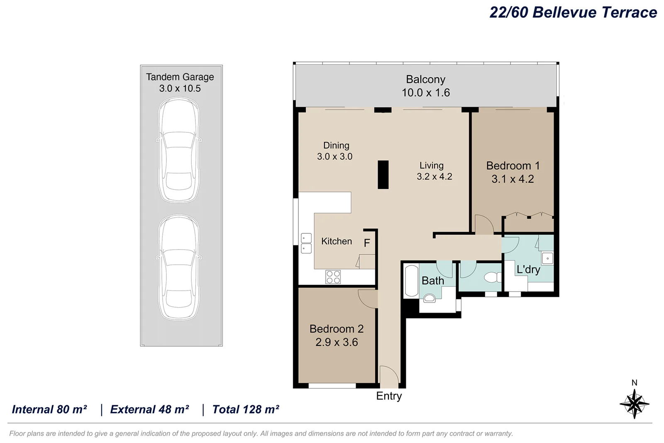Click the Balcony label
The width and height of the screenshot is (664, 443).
425,79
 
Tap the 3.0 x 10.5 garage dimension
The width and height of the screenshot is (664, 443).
180,88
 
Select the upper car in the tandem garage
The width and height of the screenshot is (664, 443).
179,150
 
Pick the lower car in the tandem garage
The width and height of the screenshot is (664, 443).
179,267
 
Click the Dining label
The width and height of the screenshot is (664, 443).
336,145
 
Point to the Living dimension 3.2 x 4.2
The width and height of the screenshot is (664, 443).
434,177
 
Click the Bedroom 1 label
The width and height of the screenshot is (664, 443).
513,166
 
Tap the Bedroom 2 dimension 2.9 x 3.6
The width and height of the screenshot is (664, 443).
337,342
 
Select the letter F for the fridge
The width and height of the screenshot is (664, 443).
367,243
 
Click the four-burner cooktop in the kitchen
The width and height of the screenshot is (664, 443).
333,277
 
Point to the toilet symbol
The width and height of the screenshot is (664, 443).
493,277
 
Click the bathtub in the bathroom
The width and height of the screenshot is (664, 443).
411,281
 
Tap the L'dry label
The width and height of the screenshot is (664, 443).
528,269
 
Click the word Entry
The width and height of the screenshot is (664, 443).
389,396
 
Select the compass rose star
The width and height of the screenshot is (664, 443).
635,404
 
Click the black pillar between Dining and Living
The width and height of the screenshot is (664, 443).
383,175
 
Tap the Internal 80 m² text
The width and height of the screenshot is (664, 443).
49,409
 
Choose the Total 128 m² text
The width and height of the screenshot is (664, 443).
245,409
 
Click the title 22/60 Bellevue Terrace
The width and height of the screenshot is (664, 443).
573,12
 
